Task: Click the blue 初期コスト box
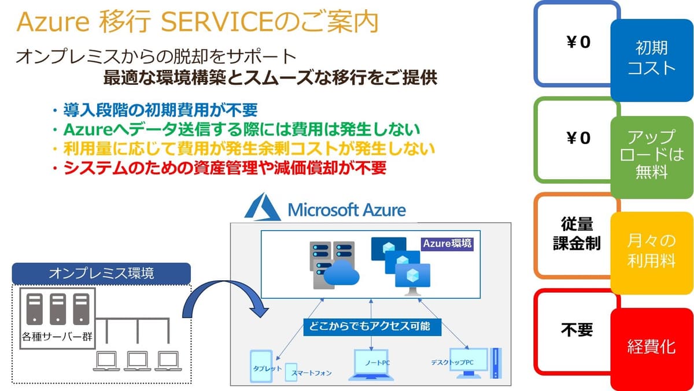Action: (652, 60)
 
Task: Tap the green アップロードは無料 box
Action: (652, 157)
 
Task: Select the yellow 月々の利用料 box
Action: (652, 253)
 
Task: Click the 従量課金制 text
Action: (577, 233)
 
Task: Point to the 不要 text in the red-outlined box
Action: (577, 329)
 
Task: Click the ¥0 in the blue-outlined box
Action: (578, 42)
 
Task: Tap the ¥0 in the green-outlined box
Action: (578, 138)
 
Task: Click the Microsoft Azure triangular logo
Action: (263, 208)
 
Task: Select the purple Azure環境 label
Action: (447, 244)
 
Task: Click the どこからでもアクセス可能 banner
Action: (372, 327)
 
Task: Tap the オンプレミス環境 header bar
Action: (101, 273)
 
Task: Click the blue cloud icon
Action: (341, 273)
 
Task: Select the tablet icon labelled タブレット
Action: (261, 366)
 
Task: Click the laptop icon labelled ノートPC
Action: (371, 365)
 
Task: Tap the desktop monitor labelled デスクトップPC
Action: (468, 363)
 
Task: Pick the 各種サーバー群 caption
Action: (57, 337)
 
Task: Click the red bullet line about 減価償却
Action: (219, 168)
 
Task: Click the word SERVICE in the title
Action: (217, 21)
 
